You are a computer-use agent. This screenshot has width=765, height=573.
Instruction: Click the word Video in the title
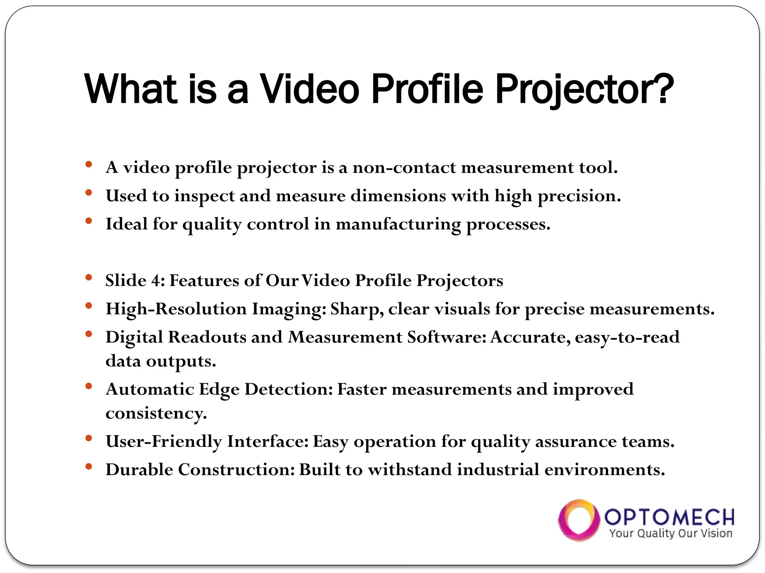click(310, 89)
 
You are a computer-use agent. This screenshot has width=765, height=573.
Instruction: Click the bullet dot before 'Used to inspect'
click(89, 193)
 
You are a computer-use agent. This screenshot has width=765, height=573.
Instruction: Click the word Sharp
click(357, 309)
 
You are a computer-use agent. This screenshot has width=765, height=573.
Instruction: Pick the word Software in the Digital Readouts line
click(447, 337)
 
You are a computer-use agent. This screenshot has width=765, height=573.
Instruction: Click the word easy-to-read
click(627, 337)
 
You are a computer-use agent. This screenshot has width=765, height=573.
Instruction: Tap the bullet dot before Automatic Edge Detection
click(89, 386)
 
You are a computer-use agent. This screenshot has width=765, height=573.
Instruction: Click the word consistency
click(156, 413)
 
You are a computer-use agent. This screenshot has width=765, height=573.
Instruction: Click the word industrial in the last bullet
click(498, 470)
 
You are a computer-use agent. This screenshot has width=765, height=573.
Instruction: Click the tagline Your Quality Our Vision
click(670, 533)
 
